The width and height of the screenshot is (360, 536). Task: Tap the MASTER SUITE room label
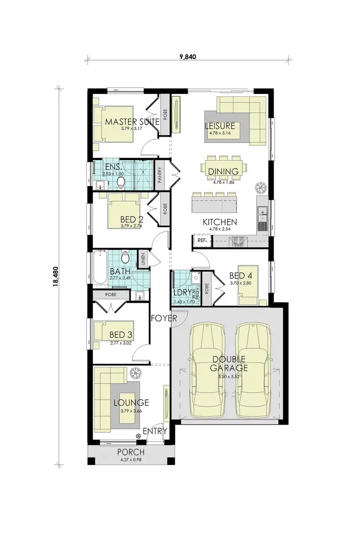point(132,122)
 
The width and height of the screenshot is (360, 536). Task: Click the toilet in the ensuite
point(122,181)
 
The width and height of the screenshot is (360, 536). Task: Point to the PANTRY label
point(160,175)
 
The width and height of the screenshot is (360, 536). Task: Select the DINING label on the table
point(223,172)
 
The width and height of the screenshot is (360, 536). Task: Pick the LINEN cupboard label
point(143,260)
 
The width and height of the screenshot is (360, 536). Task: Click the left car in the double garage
point(207,369)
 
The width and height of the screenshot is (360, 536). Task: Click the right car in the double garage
point(252,369)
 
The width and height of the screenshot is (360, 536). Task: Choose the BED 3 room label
point(120,334)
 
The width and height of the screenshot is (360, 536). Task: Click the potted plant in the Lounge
point(135,372)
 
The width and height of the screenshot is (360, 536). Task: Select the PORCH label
point(131,453)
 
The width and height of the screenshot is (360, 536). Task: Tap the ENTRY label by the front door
point(155,431)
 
